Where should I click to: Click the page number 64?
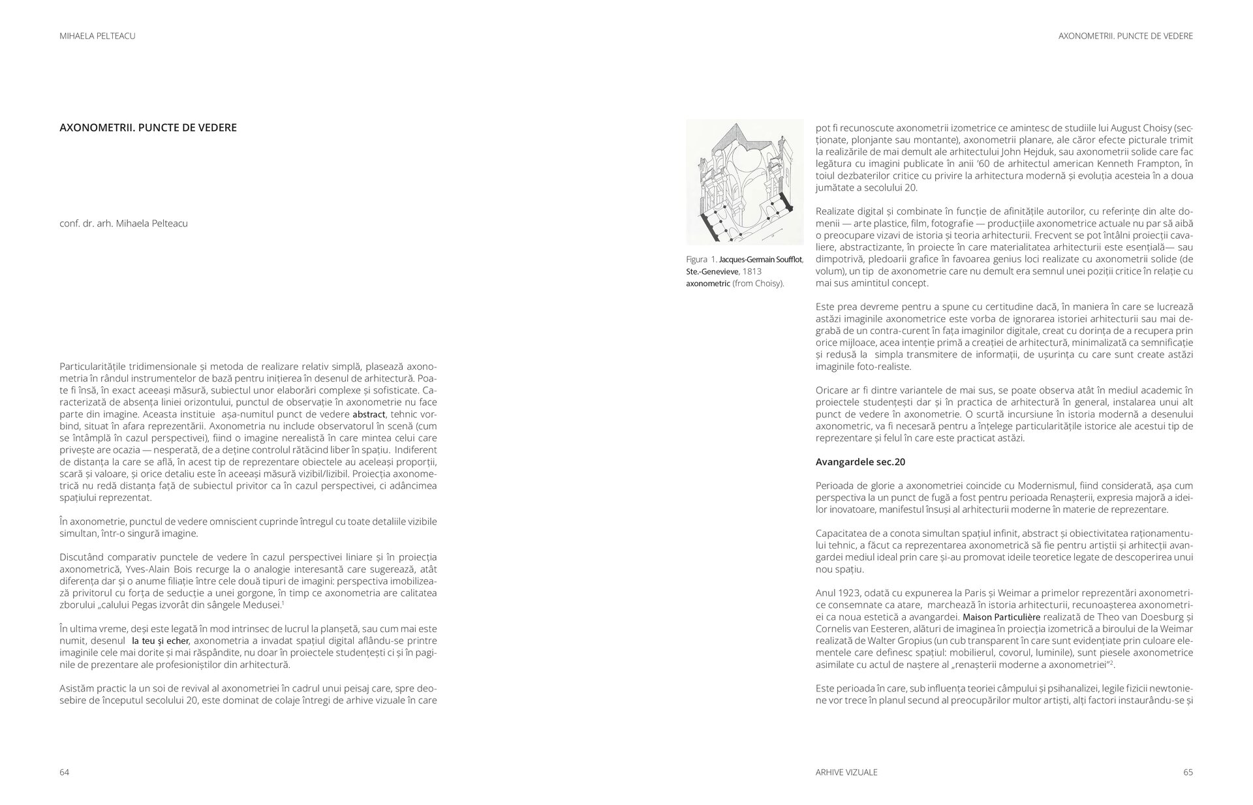[x=64, y=772]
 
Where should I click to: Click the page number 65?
[x=1188, y=772]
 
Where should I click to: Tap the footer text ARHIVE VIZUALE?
[x=846, y=772]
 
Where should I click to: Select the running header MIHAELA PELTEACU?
[x=97, y=37]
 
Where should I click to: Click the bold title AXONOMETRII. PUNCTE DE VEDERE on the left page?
[x=148, y=127]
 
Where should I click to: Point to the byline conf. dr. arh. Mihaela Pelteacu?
[x=123, y=223]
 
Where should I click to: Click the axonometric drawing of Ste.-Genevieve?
[x=745, y=181]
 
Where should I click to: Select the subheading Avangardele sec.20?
[x=860, y=462]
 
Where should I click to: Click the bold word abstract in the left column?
[x=369, y=414]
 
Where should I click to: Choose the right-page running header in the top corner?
[x=1125, y=37]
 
